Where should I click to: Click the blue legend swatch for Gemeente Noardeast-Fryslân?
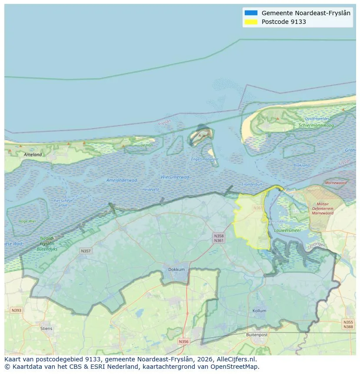[x=251, y=13]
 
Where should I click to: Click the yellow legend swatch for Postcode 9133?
[x=251, y=22]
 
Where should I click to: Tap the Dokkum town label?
[x=176, y=270]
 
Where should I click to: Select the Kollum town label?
[x=259, y=311]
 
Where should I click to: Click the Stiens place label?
[x=46, y=328]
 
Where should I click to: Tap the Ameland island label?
[x=33, y=155]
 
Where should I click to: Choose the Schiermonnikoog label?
[x=316, y=126]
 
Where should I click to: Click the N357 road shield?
[x=86, y=251]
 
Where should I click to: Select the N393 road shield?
[x=16, y=310]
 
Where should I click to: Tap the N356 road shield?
[x=183, y=341]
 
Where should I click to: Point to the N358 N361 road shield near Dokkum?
[x=219, y=238]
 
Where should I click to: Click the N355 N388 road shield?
[x=348, y=324]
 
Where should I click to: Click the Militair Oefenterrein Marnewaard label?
[x=322, y=209]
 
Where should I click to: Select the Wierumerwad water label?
[x=175, y=177]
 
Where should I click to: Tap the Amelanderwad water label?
[x=122, y=180]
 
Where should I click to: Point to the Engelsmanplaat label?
[x=205, y=159]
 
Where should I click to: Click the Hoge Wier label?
[x=27, y=221]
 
